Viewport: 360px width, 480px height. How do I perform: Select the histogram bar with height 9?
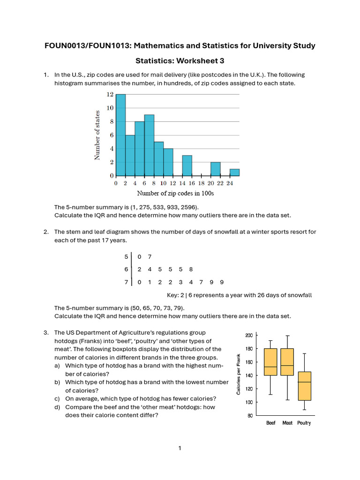tap(149, 145)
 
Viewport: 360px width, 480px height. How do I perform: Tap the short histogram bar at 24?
tap(235, 172)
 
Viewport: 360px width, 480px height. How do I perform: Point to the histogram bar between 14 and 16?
tap(187, 165)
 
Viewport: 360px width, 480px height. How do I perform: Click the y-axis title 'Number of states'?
tap(97, 135)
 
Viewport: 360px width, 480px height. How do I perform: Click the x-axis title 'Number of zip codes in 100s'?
tap(175, 193)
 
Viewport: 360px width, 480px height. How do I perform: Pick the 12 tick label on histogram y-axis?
tap(110, 94)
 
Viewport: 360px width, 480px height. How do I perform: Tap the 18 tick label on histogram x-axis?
tap(202, 184)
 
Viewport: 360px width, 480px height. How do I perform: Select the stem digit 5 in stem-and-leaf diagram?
tap(126, 256)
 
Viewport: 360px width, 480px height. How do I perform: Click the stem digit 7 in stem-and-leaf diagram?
tap(126, 282)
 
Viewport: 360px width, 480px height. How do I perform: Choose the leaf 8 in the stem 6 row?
tap(191, 270)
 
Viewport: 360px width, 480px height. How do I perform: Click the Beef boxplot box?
tap(270, 362)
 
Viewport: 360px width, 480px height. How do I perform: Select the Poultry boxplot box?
tap(304, 386)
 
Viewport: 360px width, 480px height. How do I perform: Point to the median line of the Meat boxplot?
tap(287, 365)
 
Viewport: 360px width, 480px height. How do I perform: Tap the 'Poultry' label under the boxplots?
tap(304, 423)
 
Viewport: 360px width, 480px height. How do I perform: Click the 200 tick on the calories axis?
tap(248, 335)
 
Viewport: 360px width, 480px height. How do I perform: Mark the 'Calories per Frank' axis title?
tap(239, 374)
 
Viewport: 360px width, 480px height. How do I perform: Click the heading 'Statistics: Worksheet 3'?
tap(180, 61)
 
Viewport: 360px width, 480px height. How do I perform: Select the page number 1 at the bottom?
tap(180, 448)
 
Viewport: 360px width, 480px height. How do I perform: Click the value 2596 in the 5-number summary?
tap(188, 207)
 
